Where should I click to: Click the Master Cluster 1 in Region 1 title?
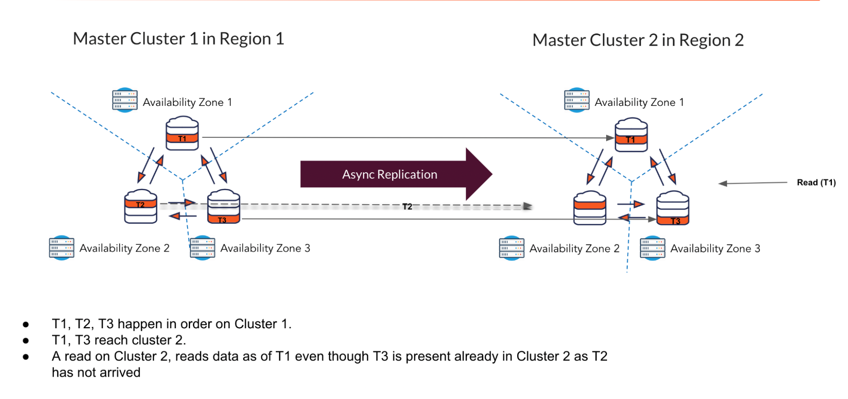coord(178,39)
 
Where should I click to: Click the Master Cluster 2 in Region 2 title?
coord(638,41)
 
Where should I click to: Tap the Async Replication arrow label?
coord(389,175)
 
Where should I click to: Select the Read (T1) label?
coord(816,183)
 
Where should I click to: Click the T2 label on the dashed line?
coord(407,206)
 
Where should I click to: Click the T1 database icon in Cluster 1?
coord(182,134)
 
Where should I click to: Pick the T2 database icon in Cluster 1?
coord(140,206)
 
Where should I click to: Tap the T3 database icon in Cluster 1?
coord(224,207)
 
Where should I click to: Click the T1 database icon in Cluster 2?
coord(631,135)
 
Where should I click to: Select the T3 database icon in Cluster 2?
coord(672,208)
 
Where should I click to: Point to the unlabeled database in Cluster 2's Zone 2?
coord(589,208)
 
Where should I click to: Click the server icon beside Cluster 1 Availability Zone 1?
coord(125,100)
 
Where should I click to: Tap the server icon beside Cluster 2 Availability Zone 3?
coord(652,248)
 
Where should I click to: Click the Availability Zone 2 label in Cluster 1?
coord(124,248)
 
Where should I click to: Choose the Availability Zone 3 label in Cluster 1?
coord(265,248)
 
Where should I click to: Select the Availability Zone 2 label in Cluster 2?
coord(574,249)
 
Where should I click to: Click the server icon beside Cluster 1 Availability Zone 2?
coord(62,248)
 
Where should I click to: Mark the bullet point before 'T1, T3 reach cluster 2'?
coord(26,341)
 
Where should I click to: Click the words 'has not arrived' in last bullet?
coord(96,373)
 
